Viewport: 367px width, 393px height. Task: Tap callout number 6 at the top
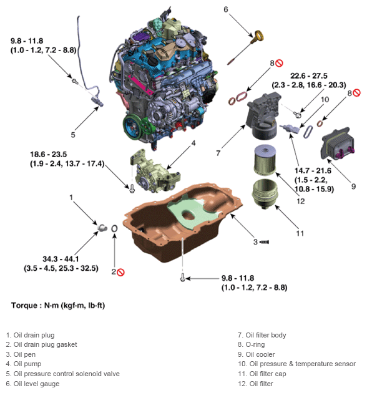click(226, 9)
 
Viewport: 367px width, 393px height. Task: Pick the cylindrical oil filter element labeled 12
click(267, 160)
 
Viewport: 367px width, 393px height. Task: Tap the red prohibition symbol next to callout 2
click(121, 271)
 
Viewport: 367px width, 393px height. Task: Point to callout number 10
click(325, 99)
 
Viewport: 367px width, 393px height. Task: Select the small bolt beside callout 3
click(265, 241)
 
